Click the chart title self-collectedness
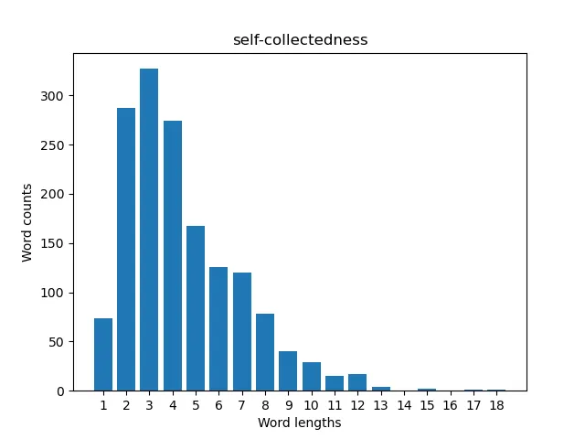pyautogui.click(x=300, y=40)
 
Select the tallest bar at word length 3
pyautogui.click(x=149, y=230)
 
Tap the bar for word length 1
pyautogui.click(x=103, y=355)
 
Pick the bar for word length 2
pyautogui.click(x=126, y=250)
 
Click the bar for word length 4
pyautogui.click(x=173, y=255)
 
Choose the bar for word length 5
pyautogui.click(x=196, y=308)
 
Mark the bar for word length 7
pyautogui.click(x=242, y=332)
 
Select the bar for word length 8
pyautogui.click(x=265, y=352)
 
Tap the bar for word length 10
pyautogui.click(x=312, y=377)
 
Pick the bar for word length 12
pyautogui.click(x=357, y=382)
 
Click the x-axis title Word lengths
pyautogui.click(x=300, y=423)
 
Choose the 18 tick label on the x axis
pyautogui.click(x=496, y=405)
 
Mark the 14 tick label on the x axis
pyautogui.click(x=404, y=405)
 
